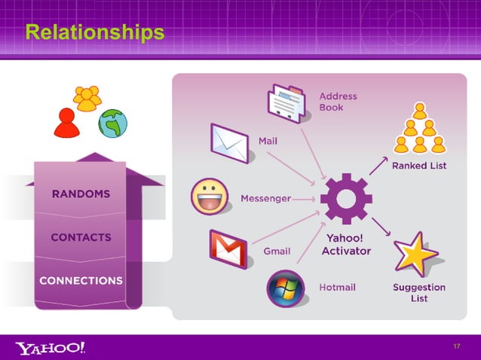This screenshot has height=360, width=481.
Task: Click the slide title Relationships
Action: tap(94, 32)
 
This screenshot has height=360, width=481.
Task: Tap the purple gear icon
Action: tap(345, 198)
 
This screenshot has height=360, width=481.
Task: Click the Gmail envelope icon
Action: tap(229, 249)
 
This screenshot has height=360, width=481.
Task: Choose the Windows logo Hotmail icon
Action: tap(285, 288)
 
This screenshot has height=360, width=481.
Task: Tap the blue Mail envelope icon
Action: tap(230, 142)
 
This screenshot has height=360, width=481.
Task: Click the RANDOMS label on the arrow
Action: tap(81, 194)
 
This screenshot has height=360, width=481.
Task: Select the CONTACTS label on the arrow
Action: tap(81, 237)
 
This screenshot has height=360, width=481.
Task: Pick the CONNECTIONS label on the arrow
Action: tap(81, 280)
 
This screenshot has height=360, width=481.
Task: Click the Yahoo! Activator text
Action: tap(346, 245)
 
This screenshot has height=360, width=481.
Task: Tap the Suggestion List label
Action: tap(419, 293)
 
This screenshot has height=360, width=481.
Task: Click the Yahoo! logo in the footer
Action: tap(51, 347)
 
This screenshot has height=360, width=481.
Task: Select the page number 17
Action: tap(456, 346)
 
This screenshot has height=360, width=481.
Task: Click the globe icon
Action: tap(112, 123)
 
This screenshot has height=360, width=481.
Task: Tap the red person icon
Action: tap(67, 123)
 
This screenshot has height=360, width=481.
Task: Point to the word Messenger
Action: tap(265, 198)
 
